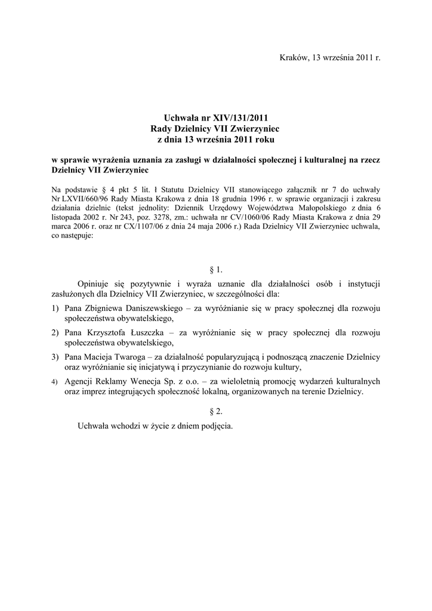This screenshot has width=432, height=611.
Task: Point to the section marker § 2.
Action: (216, 411)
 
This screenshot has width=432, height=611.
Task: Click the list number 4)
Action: (54, 381)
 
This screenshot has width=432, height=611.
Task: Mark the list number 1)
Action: (54, 308)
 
